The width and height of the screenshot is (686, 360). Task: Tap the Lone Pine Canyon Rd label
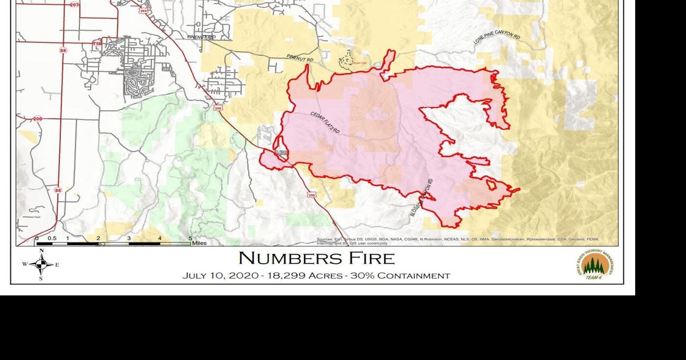(x=497, y=41)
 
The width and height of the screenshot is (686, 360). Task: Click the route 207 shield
(x=75, y=4)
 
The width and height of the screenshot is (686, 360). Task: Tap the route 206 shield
(x=37, y=119)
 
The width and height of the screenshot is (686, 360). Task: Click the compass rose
(x=41, y=264)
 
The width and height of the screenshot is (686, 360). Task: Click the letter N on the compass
(x=41, y=251)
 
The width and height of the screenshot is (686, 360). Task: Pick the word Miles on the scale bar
(x=199, y=243)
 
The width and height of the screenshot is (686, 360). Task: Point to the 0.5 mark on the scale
(x=52, y=238)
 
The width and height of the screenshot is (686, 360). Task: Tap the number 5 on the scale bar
(x=190, y=238)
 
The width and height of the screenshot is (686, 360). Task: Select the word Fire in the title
(x=374, y=258)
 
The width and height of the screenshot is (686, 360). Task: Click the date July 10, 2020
(x=220, y=276)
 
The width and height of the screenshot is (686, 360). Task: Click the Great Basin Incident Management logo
(x=594, y=264)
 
